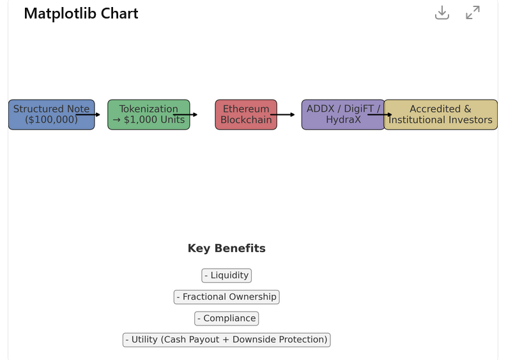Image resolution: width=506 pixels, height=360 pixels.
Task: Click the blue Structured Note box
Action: [51, 115]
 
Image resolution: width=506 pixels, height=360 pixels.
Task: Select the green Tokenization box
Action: [149, 115]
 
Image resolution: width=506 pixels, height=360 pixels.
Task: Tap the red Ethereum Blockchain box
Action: [246, 115]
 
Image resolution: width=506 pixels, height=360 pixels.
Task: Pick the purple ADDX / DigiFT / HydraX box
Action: [343, 115]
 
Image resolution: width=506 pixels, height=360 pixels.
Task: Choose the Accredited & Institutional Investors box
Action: [440, 115]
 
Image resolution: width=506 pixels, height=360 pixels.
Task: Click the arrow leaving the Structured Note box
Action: [88, 114]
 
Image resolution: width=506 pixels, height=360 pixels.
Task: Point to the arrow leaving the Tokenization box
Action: [185, 114]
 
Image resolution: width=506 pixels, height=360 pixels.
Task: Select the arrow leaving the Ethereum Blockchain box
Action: [282, 114]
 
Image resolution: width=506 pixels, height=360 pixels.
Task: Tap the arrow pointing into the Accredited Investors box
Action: [380, 114]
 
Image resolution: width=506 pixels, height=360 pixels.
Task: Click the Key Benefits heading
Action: [227, 248]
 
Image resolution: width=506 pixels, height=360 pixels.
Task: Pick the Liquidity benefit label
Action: [227, 276]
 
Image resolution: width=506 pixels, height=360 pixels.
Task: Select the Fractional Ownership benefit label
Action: [227, 297]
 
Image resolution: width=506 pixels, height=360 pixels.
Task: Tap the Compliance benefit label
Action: [227, 319]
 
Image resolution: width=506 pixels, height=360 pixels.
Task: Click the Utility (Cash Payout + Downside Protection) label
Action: [227, 340]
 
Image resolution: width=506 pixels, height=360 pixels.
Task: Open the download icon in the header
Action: [442, 13]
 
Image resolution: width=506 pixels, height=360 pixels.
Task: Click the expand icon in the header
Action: [473, 13]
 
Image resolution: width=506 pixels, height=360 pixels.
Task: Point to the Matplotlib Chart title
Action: [81, 13]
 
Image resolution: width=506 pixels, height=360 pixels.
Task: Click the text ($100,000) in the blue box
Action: [51, 120]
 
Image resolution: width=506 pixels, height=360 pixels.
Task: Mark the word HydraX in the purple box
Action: [343, 120]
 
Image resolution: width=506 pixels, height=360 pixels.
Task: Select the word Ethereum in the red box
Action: [246, 109]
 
